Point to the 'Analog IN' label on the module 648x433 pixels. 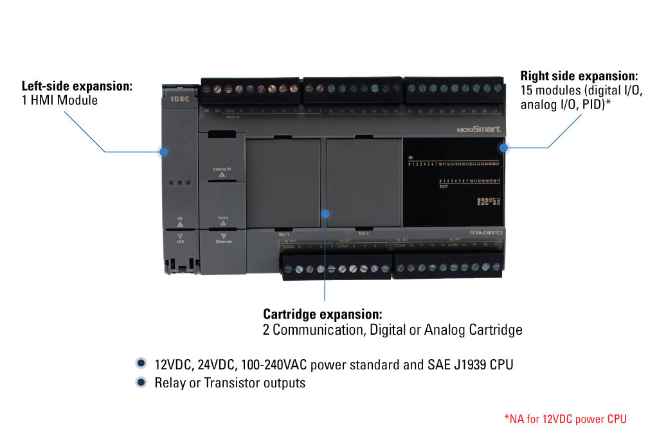click(x=221, y=169)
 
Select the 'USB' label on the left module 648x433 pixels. click(x=180, y=241)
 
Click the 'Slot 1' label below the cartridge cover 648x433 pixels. click(x=283, y=234)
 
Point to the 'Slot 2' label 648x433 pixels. click(x=363, y=234)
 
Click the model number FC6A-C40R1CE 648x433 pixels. click(x=478, y=232)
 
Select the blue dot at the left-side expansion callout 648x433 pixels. click(x=163, y=152)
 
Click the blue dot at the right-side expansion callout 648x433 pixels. click(x=504, y=148)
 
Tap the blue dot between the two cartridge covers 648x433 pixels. click(x=325, y=213)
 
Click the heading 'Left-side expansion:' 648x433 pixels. click(x=77, y=85)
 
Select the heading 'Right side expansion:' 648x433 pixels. click(x=579, y=76)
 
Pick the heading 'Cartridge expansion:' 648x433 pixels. click(x=323, y=315)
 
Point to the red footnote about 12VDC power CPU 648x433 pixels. click(x=565, y=419)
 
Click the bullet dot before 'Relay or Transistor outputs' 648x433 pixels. click(x=141, y=382)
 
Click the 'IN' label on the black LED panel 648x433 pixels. click(x=411, y=157)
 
